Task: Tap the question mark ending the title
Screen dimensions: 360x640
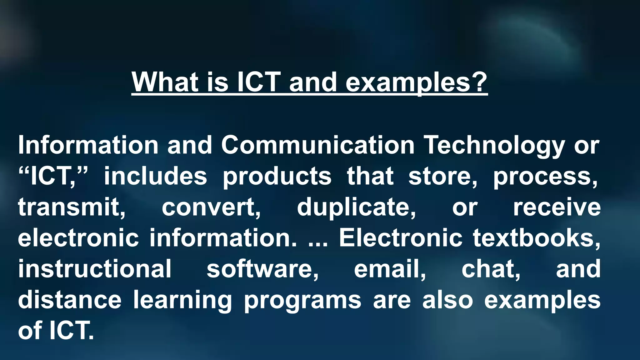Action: pos(479,82)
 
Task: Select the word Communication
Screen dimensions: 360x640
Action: pos(317,145)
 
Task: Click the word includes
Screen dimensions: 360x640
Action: pos(155,176)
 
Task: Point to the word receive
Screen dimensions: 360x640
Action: pos(557,207)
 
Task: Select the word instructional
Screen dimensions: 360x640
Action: pos(95,269)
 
